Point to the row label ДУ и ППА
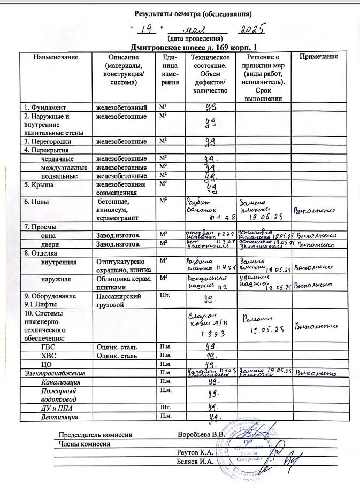[x=55, y=407]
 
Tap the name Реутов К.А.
[x=195, y=453]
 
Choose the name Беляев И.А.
[x=195, y=462]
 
